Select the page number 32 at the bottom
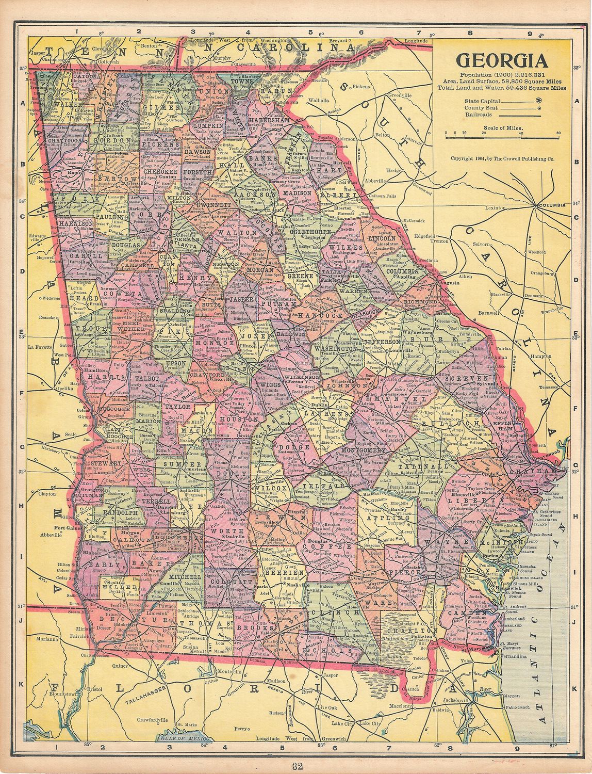[297, 766]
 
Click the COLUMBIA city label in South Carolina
[552, 205]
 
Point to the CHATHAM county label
[538, 472]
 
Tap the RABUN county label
[277, 91]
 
